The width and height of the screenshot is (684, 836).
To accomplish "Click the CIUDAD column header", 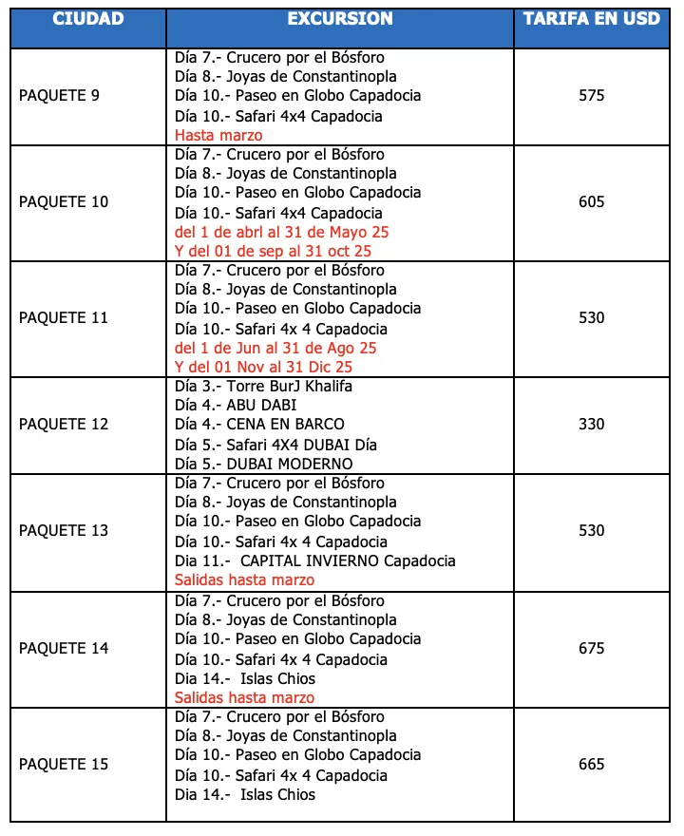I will [x=87, y=19].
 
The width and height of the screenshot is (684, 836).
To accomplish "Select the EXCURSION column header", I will [x=339, y=19].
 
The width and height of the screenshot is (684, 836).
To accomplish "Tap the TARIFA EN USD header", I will [x=591, y=19].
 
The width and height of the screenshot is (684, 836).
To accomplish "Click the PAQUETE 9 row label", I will [x=59, y=95].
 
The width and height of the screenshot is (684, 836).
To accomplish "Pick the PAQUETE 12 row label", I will [x=64, y=424].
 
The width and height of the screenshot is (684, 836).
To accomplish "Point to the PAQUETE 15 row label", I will [x=64, y=764].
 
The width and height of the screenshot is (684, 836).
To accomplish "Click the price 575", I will [x=591, y=95].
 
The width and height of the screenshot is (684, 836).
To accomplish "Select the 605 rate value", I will [x=591, y=201].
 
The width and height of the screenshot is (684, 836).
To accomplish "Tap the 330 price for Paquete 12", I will [x=591, y=424].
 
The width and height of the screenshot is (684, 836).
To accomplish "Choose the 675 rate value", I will [x=591, y=648].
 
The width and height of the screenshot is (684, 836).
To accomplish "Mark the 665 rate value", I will [x=591, y=764].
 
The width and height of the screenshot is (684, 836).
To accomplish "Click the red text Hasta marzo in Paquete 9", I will [x=218, y=135].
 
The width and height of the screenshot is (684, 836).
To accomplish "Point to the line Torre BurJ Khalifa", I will [x=263, y=386].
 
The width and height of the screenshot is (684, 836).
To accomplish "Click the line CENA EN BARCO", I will [x=259, y=424].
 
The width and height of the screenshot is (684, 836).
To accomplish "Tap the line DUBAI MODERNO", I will [x=264, y=464].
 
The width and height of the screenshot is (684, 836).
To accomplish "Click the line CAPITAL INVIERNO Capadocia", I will [x=315, y=560].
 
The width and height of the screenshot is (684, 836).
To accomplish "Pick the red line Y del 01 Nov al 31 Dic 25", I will [x=264, y=367].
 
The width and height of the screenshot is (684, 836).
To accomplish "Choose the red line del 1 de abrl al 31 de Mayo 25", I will [x=282, y=232].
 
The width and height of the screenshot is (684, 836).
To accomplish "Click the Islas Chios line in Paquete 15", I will [x=245, y=794].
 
